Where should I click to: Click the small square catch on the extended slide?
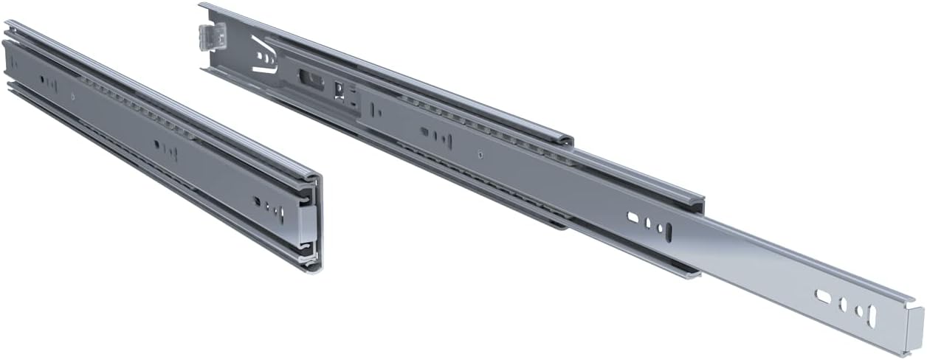point(341,91)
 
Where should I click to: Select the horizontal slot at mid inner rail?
point(633,217)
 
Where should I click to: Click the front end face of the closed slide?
point(309,221)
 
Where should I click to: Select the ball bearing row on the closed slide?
point(133,107)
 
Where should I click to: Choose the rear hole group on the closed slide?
point(48,81)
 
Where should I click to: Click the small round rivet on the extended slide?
point(480,154)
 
